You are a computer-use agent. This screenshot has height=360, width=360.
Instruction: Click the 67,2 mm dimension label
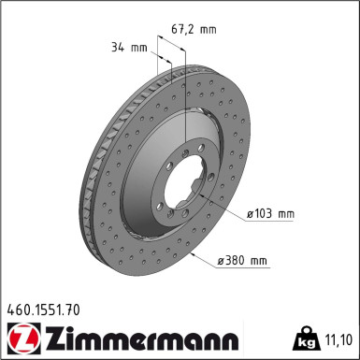(x=194, y=29)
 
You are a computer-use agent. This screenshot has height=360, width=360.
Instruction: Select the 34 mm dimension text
(x=129, y=48)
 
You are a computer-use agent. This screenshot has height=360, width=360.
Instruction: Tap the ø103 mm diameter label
(x=270, y=214)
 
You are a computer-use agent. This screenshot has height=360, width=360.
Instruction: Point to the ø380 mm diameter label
(x=242, y=260)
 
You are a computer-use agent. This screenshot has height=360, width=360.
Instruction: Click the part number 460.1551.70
(x=43, y=310)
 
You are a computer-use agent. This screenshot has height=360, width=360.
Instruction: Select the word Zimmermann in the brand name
(x=142, y=338)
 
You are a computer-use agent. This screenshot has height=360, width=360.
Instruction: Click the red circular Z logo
(x=24, y=338)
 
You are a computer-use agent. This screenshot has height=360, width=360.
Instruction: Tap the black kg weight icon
(x=306, y=338)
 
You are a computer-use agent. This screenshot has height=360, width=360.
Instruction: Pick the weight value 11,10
(x=338, y=339)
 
